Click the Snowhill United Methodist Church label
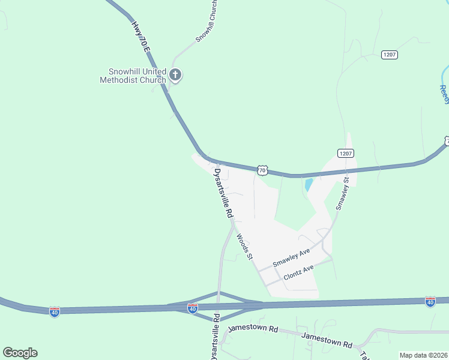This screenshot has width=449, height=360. click(x=133, y=76)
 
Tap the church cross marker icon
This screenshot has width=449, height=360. click(x=175, y=75)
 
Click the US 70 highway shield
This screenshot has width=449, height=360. click(x=262, y=170)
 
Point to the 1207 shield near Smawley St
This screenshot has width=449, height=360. click(x=345, y=153)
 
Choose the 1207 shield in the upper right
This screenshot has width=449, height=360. click(x=390, y=55)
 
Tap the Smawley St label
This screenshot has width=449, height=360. click(x=343, y=192)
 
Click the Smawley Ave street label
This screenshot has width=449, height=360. click(x=291, y=257)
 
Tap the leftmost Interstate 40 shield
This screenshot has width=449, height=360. click(x=55, y=312)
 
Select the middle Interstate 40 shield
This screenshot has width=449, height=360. click(x=192, y=308)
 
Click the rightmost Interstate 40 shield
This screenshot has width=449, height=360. click(x=430, y=301)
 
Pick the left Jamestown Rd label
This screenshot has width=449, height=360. click(x=253, y=329)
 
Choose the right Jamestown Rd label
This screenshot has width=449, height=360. click(x=327, y=341)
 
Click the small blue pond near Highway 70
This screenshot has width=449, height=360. click(x=309, y=185)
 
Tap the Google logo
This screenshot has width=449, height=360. click(x=20, y=353)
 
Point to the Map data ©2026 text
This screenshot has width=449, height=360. click(x=423, y=355)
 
